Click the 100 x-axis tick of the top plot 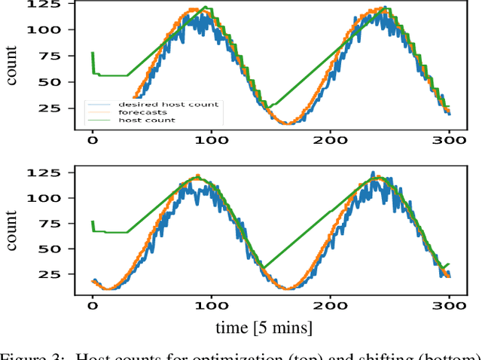pyautogui.click(x=212, y=140)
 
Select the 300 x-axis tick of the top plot pyautogui.click(x=450, y=140)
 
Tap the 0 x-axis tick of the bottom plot pyautogui.click(x=93, y=307)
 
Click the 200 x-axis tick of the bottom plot pyautogui.click(x=331, y=307)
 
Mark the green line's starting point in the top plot pyautogui.click(x=92, y=53)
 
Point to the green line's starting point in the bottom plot pyautogui.click(x=92, y=221)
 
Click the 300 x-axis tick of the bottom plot pyautogui.click(x=450, y=307)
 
